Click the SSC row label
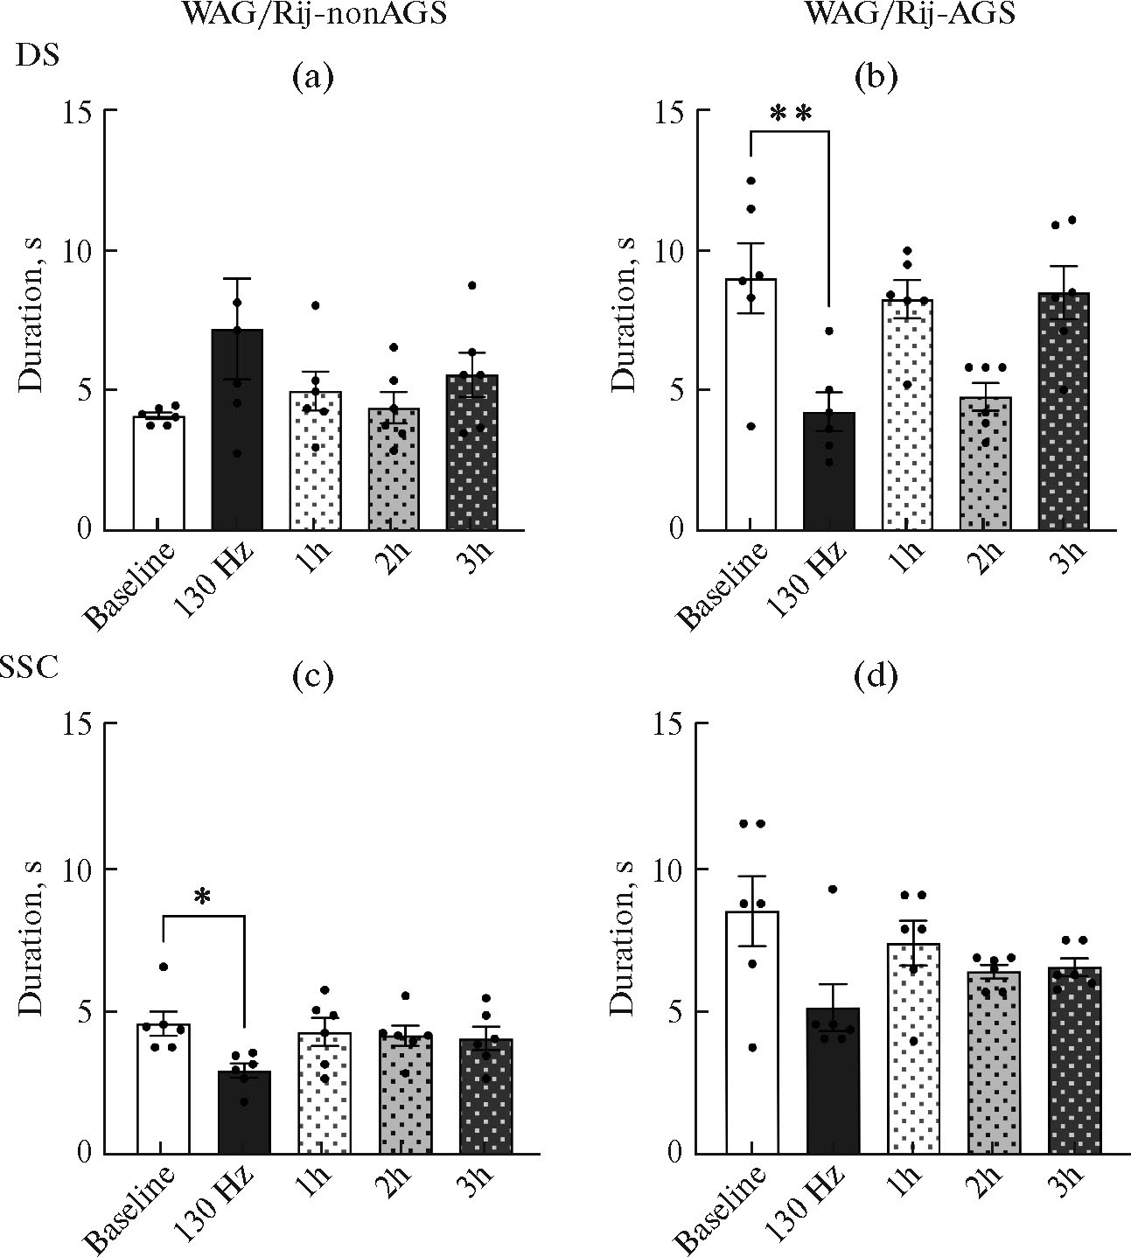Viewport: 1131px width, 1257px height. [x=30, y=667]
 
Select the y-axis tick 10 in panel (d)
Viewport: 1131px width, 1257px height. [x=671, y=869]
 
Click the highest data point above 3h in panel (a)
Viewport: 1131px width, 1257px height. [x=472, y=285]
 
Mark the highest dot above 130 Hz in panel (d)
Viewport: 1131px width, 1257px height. [x=833, y=889]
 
